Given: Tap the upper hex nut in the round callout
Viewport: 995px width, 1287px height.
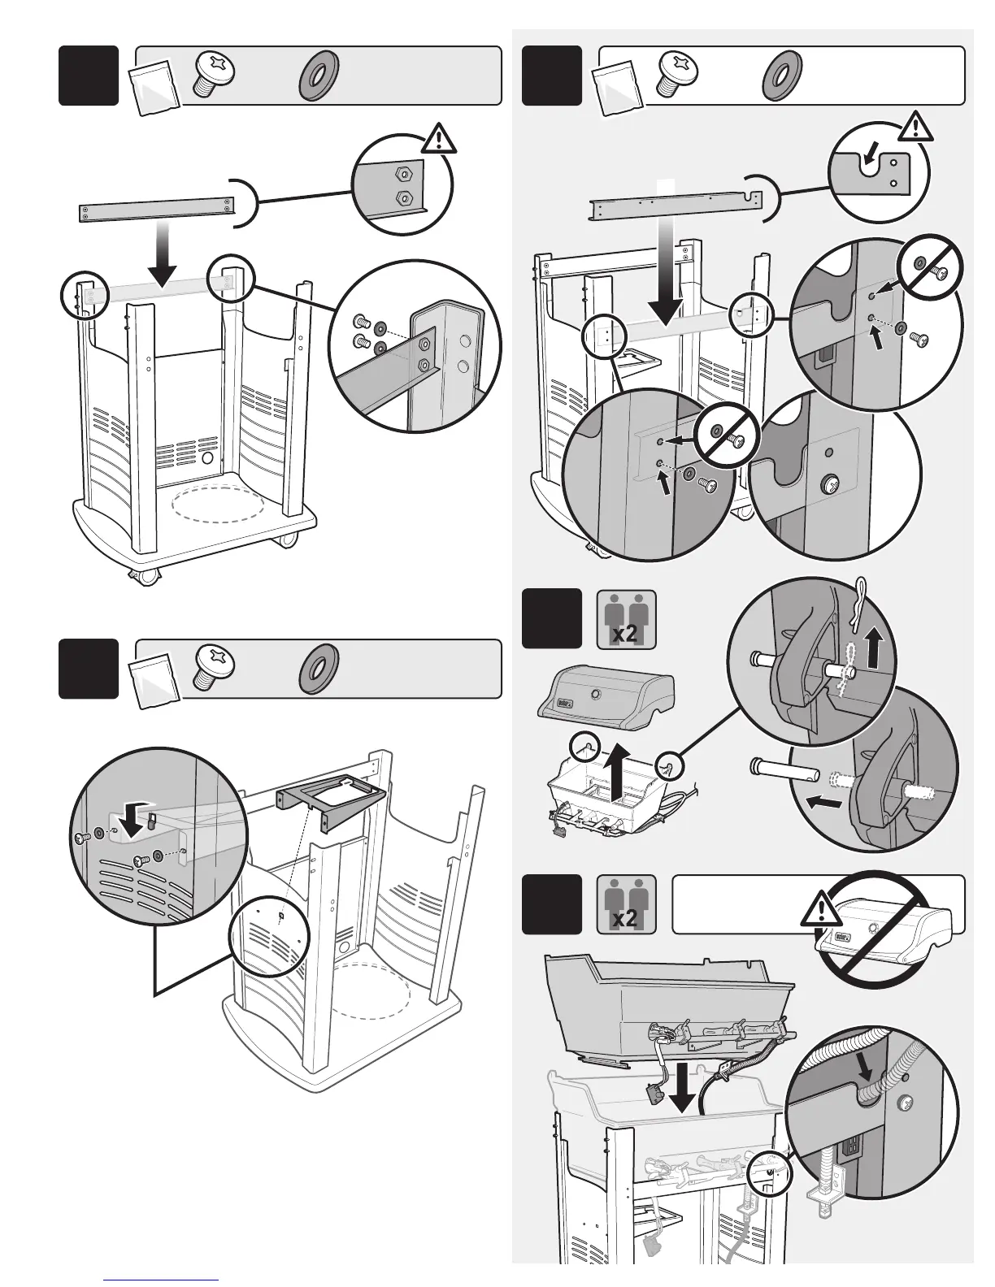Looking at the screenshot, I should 401,174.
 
